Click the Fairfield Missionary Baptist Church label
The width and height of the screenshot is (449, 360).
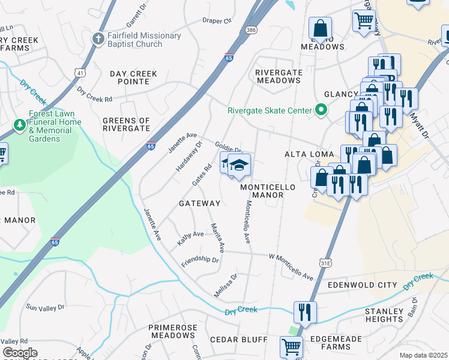pyautogui.click(x=143, y=40)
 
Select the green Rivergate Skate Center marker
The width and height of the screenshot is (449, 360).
pyautogui.click(x=321, y=110)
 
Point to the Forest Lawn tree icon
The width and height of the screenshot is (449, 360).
pyautogui.click(x=19, y=125)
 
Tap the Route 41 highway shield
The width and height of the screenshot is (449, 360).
pyautogui.click(x=80, y=73)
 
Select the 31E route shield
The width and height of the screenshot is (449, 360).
pyautogui.click(x=325, y=263)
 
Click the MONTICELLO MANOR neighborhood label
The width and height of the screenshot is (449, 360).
pyautogui.click(x=268, y=191)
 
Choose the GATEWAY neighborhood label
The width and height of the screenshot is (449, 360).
pyautogui.click(x=200, y=203)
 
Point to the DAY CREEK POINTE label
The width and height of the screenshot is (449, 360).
pyautogui.click(x=133, y=77)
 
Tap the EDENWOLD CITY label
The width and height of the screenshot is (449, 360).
pyautogui.click(x=362, y=284)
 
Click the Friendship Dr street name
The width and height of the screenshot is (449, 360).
pyautogui.click(x=200, y=260)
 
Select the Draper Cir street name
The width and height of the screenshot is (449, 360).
pyautogui.click(x=217, y=20)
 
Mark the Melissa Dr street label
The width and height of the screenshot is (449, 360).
pyautogui.click(x=226, y=286)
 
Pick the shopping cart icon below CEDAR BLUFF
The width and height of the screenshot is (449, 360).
pyautogui.click(x=292, y=346)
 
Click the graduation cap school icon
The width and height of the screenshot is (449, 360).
pyautogui.click(x=239, y=164)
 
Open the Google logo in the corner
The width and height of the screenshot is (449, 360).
pyautogui.click(x=20, y=353)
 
